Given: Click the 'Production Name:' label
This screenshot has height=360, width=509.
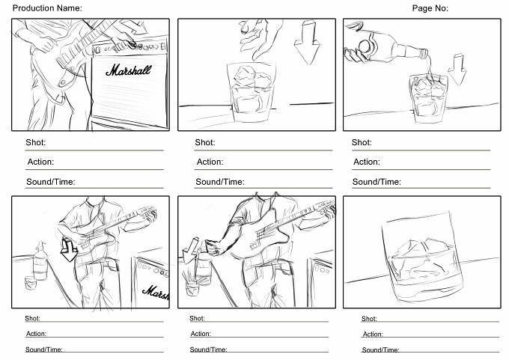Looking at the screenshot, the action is pos(47,7).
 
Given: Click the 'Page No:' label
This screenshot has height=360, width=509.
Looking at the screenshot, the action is pos(430,8).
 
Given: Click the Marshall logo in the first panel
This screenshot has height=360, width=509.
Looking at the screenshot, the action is pos(129,70).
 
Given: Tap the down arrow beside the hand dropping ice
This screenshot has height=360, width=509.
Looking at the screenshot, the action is pos(307,42).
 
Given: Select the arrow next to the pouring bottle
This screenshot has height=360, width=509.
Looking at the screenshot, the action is pos(457,70).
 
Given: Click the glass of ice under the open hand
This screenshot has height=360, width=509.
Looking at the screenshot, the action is pos(252,92).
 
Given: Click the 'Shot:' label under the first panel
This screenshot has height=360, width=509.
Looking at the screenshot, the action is pos(36,142).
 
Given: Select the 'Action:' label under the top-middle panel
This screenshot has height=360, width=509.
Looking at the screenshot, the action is pos(210,162).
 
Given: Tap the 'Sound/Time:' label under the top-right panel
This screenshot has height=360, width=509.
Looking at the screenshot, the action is pos(377,182).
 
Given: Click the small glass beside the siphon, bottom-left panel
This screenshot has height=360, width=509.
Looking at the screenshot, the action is pos(31,283).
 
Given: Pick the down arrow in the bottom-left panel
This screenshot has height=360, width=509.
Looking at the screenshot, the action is pos(69,250).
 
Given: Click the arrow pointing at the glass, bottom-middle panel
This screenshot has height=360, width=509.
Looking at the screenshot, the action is pos(190,250).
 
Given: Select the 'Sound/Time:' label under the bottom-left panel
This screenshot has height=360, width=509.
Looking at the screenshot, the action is pos(44,350).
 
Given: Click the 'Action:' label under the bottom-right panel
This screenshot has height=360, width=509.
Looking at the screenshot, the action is pos(373,334).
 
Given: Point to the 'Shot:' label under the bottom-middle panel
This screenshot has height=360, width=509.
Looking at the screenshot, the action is pos(197,318).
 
